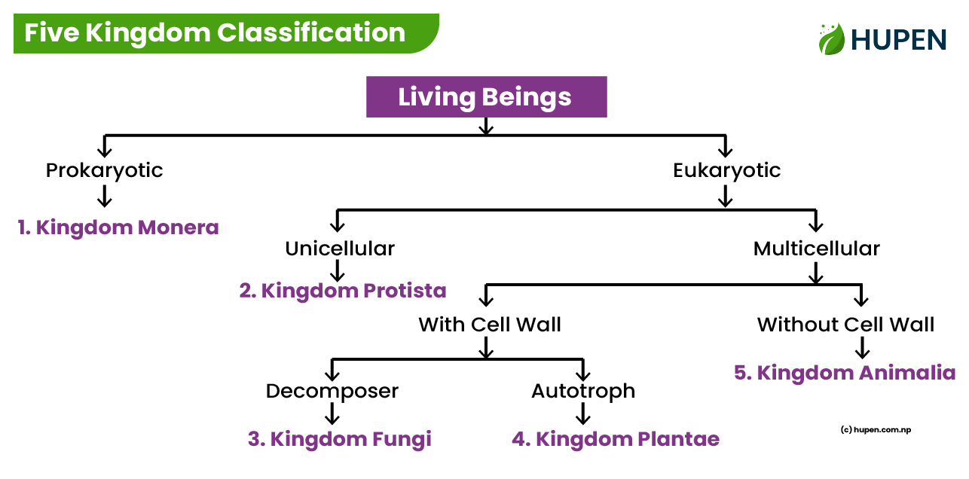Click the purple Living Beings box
tap(486, 97)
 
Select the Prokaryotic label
tap(104, 170)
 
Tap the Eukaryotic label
tap(726, 170)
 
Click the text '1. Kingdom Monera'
tap(118, 227)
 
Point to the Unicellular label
tap(339, 249)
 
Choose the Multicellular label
tap(816, 249)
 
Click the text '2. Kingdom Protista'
tap(343, 291)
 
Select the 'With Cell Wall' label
tap(490, 325)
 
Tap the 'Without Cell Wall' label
tap(845, 325)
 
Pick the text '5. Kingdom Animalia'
tap(845, 373)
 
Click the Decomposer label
tap(332, 391)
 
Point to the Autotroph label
tap(582, 391)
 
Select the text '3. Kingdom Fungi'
tap(339, 439)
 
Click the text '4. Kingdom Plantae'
tap(616, 439)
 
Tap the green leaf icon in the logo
tap(831, 38)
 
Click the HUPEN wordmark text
tap(898, 39)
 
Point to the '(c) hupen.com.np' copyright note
tap(875, 430)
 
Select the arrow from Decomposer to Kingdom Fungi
tap(332, 413)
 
